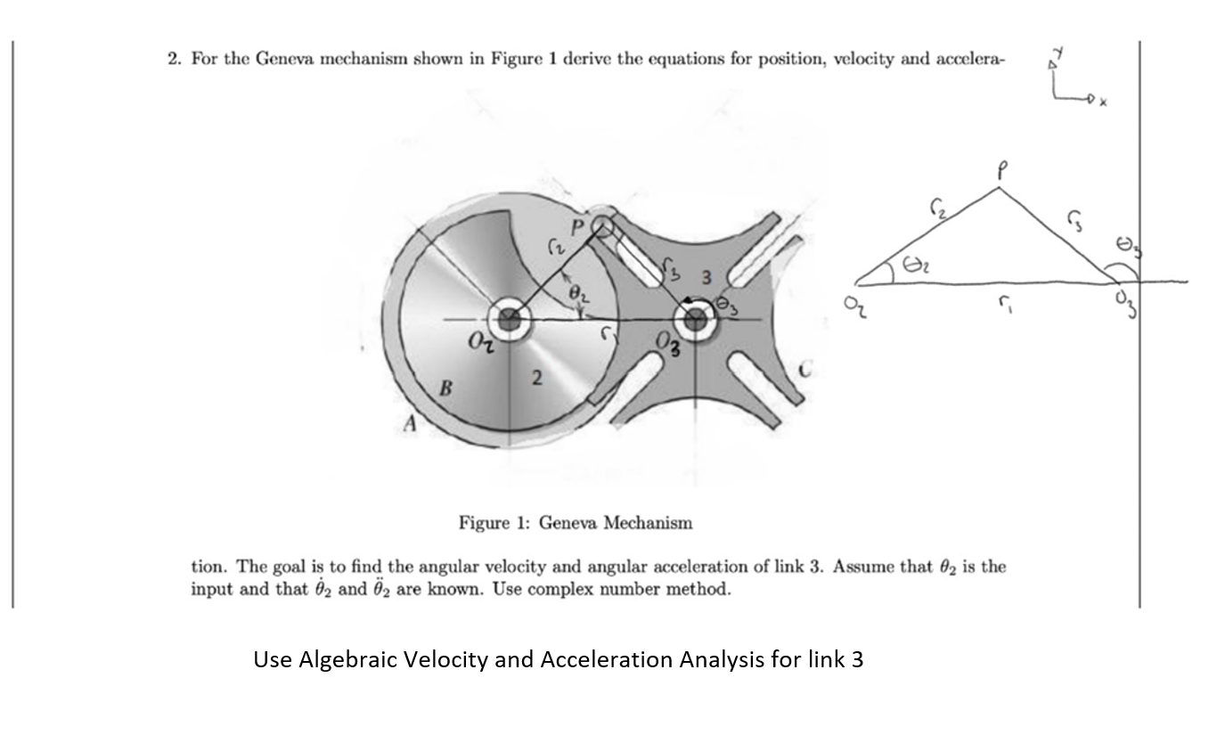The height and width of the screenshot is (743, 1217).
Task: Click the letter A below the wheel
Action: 411,425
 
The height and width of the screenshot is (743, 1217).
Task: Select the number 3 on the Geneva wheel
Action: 706,278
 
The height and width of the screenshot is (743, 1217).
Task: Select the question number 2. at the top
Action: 175,59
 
